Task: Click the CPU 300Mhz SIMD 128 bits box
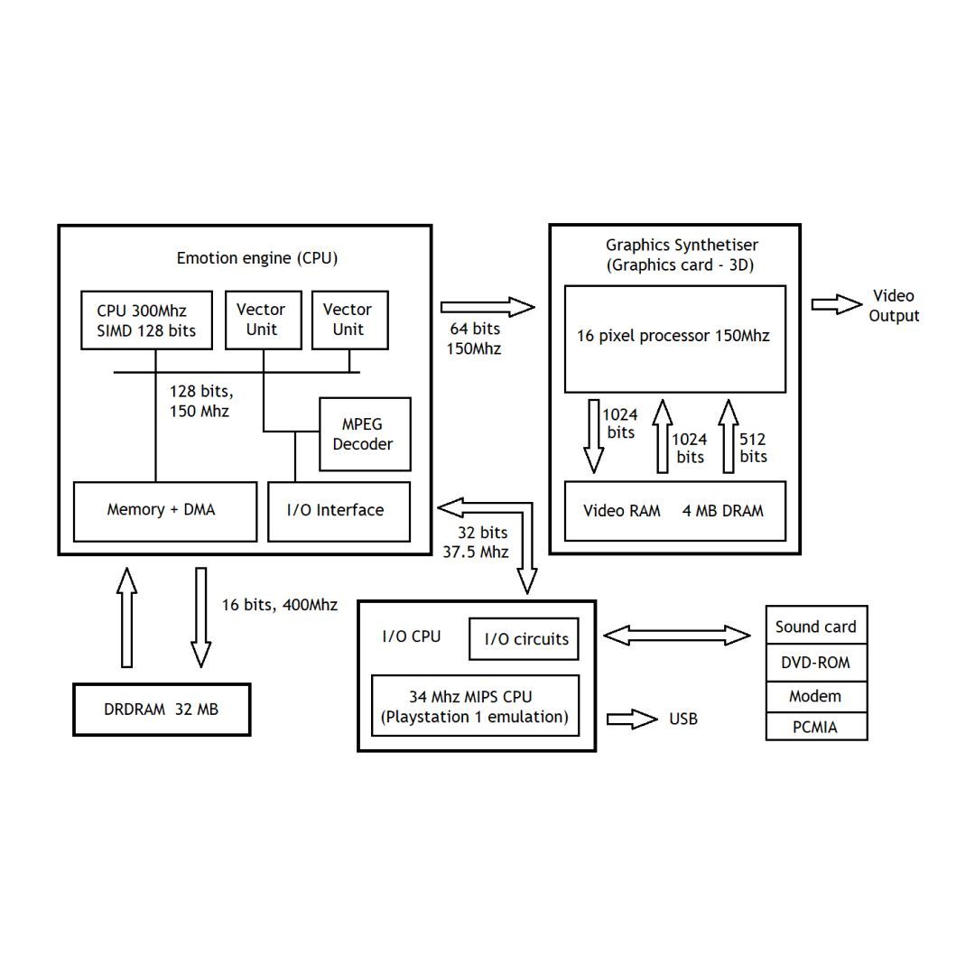(x=146, y=320)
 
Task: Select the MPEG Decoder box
(x=365, y=434)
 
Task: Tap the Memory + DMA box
(x=164, y=511)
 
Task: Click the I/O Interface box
(x=339, y=511)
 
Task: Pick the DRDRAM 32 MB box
(x=161, y=710)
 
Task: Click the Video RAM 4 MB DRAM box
(x=674, y=511)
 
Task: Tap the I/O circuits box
(x=524, y=639)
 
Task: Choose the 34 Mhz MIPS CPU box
(x=475, y=706)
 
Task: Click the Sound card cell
(x=816, y=626)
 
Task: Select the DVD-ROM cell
(x=816, y=663)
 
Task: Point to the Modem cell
(x=816, y=696)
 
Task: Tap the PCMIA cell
(x=816, y=727)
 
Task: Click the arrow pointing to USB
(x=632, y=720)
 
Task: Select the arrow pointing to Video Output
(x=836, y=305)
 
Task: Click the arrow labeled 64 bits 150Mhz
(x=487, y=307)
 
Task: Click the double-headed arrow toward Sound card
(x=676, y=636)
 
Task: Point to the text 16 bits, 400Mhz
(x=280, y=605)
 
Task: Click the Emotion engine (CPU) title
(x=257, y=258)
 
